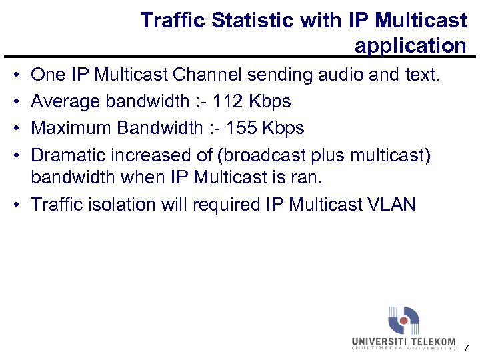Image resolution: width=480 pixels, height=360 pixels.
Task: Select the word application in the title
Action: [x=411, y=46]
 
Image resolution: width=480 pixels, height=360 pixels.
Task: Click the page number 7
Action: [x=466, y=348]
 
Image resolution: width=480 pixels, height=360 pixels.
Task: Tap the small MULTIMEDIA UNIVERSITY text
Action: [x=404, y=348]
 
